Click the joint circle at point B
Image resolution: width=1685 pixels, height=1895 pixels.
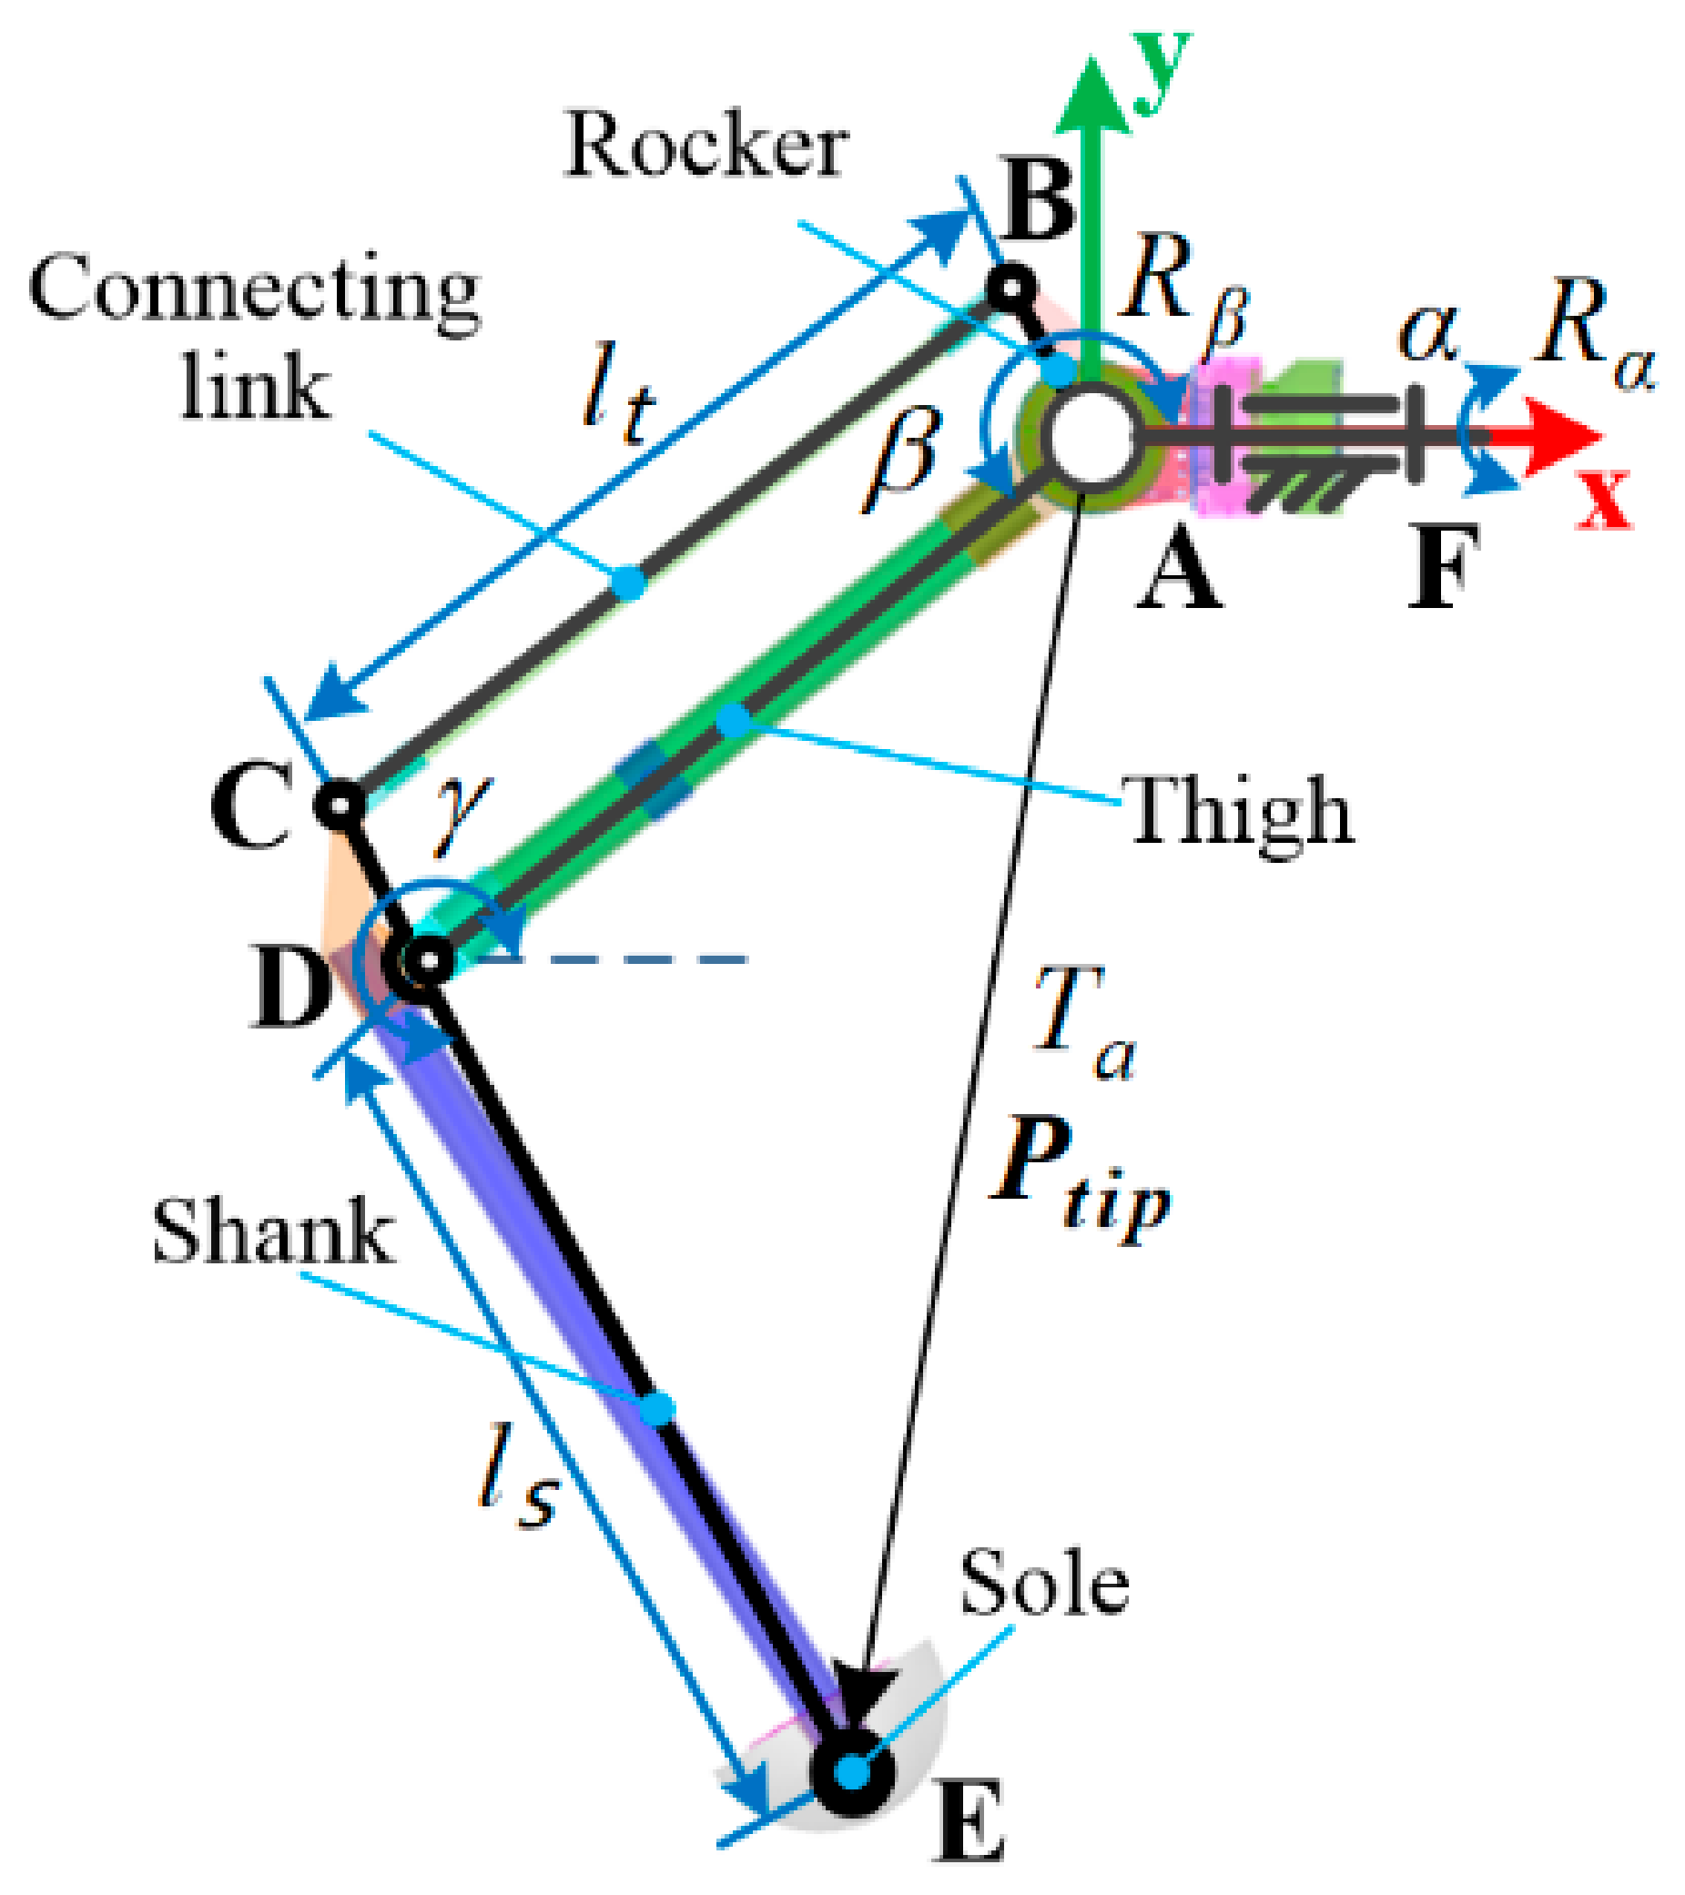coord(1010,289)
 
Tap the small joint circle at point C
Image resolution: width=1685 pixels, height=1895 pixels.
coord(340,805)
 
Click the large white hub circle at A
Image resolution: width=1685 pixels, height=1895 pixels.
coord(1091,438)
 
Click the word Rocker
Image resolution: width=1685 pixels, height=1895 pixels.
coord(706,146)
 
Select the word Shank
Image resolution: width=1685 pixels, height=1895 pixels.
coord(273,1233)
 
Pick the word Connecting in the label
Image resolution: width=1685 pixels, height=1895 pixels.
coord(254,290)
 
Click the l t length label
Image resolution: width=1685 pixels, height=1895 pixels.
coord(617,395)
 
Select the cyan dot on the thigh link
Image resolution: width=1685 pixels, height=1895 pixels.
coord(734,719)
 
